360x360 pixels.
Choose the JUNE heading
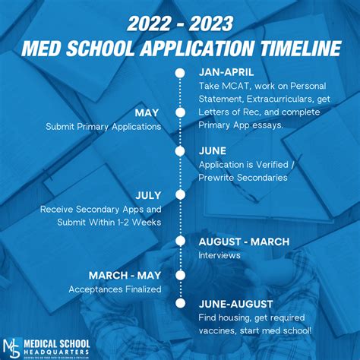213,150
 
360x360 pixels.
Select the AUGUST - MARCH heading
243,242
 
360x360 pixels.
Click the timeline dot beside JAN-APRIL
180,73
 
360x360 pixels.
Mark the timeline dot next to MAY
180,112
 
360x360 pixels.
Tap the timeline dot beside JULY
180,194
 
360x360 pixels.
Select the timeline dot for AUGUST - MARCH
180,242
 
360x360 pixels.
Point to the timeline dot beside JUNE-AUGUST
180,302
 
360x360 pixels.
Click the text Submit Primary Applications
103,127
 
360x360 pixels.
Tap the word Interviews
219,256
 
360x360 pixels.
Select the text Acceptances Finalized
115,289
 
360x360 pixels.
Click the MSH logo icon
14,346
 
